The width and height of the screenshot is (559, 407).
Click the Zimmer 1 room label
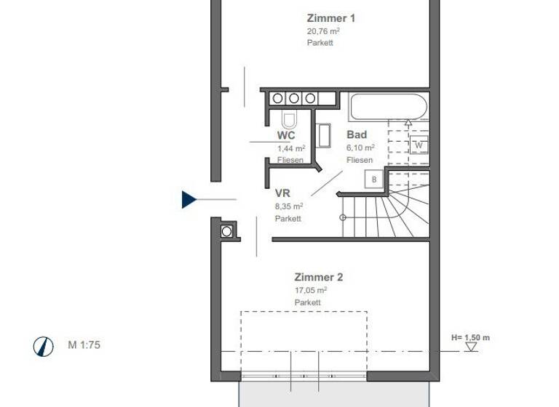pyautogui.click(x=331, y=18)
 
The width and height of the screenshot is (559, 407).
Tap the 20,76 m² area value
pyautogui.click(x=323, y=31)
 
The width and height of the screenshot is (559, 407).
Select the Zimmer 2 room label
pyautogui.click(x=318, y=277)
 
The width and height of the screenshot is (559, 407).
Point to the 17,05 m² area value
pyautogui.click(x=311, y=289)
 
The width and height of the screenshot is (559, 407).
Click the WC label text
pyautogui.click(x=286, y=135)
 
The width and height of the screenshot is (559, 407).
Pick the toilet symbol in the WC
pyautogui.click(x=289, y=119)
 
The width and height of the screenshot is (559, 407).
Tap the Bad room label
pyautogui.click(x=357, y=134)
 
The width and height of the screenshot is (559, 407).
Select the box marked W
pyautogui.click(x=419, y=145)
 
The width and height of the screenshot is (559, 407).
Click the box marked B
pyautogui.click(x=374, y=179)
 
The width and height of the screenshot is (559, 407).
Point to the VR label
pyautogui.click(x=283, y=193)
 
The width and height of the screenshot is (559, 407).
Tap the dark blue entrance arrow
pyautogui.click(x=189, y=199)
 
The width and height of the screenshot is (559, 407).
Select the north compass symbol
pyautogui.click(x=44, y=346)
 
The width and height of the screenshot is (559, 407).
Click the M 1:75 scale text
pyautogui.click(x=84, y=345)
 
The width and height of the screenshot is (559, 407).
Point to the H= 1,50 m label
pyautogui.click(x=471, y=337)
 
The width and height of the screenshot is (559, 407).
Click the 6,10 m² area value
pyautogui.click(x=361, y=148)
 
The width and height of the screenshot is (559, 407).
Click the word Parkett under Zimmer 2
pyautogui.click(x=308, y=302)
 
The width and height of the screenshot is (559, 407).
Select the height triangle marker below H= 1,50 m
pyautogui.click(x=472, y=347)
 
